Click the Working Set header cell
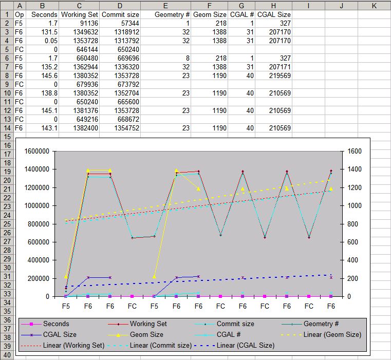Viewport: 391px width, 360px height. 80,14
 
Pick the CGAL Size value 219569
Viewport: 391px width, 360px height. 273,75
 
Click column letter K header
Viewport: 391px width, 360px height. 374,6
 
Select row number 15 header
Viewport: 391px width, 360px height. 7,137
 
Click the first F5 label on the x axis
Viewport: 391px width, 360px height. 66,306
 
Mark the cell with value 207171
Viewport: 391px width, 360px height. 273,67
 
